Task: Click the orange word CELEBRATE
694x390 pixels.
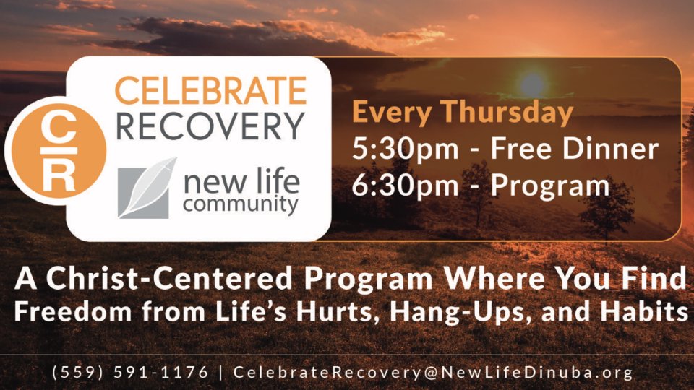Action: pos(210,90)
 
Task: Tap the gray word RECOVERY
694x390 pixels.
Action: pos(210,126)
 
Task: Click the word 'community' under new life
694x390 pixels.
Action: pos(241,204)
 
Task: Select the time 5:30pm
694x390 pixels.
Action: pos(405,149)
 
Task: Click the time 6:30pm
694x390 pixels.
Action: pos(405,186)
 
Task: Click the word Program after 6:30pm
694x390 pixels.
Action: pos(550,186)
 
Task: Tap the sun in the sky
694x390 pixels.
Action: pos(532,84)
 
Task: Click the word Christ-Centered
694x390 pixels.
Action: pos(169,279)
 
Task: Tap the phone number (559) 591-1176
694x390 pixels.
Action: pos(130,373)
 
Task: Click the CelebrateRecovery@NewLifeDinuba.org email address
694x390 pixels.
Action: pos(433,373)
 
